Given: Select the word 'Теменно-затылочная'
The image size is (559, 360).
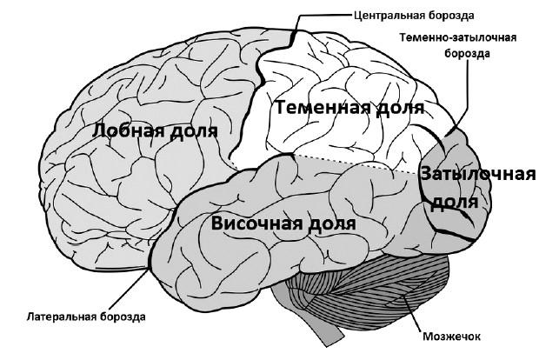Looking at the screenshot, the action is [x=458, y=37].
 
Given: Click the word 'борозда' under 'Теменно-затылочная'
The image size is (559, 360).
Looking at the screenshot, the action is [x=467, y=53].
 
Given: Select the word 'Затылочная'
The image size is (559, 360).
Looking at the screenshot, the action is [x=478, y=175].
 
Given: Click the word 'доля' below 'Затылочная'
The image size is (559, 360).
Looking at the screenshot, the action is [x=455, y=202].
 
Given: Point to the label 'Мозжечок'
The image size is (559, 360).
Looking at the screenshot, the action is [x=452, y=337].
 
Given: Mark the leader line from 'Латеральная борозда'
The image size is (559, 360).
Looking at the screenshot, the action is [x=129, y=289].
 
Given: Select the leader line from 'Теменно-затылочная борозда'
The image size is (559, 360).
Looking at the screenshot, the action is [x=462, y=97].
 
